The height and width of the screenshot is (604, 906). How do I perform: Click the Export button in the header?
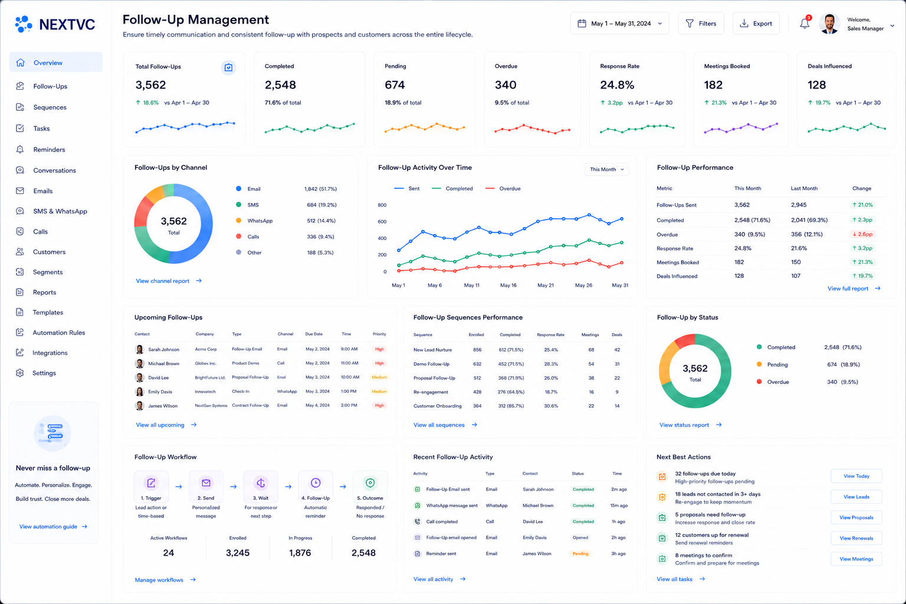point(756,24)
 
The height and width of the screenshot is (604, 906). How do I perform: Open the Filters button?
point(701,24)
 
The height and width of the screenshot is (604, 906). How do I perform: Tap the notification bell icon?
point(805,24)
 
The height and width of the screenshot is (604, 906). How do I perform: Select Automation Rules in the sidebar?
point(58,333)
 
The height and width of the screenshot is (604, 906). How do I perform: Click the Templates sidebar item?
point(48,312)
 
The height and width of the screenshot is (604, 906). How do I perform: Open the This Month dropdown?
point(607,169)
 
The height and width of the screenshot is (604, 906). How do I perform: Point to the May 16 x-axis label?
point(508,285)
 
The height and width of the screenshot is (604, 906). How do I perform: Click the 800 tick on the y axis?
point(382,205)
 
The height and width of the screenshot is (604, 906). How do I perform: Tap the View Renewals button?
point(856,538)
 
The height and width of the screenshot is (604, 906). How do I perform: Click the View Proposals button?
point(856,517)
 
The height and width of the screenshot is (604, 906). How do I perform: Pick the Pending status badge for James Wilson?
point(580,553)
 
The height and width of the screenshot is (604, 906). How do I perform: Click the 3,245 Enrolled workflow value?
point(238,553)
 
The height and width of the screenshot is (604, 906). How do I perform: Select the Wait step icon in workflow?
point(261,482)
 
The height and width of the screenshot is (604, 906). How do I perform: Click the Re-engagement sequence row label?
point(431,392)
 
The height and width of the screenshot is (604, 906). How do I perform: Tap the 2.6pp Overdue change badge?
point(862,234)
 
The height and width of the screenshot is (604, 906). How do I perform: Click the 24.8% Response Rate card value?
point(617,85)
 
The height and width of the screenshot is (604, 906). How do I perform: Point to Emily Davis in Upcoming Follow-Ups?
point(160,392)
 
